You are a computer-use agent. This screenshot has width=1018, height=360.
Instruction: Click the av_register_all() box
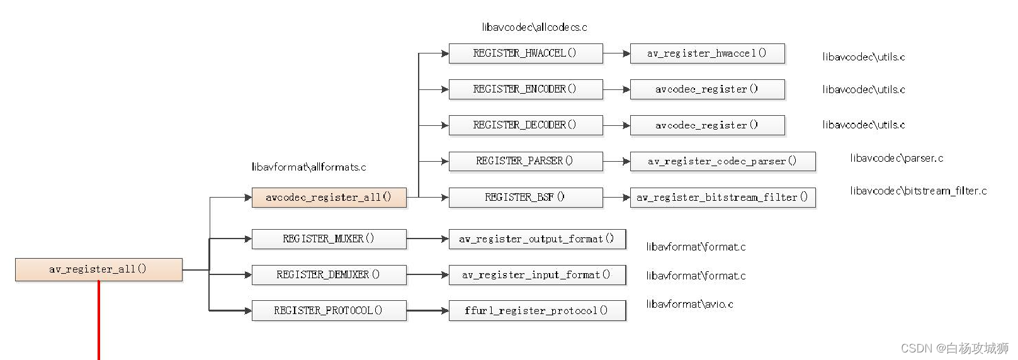pyautogui.click(x=99, y=269)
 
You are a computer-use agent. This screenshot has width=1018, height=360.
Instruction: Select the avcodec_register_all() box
pyautogui.click(x=329, y=198)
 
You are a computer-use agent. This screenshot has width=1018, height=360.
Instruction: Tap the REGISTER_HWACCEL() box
pyautogui.click(x=525, y=53)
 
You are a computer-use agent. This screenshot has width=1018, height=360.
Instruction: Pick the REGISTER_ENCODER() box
pyautogui.click(x=525, y=89)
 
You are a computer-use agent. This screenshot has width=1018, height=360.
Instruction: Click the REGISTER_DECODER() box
pyautogui.click(x=525, y=125)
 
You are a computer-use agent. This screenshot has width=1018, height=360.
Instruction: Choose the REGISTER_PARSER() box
pyautogui.click(x=525, y=161)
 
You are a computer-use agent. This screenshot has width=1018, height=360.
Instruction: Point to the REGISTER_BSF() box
pyautogui.click(x=525, y=198)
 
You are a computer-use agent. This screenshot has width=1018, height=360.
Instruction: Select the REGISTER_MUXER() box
pyautogui.click(x=329, y=239)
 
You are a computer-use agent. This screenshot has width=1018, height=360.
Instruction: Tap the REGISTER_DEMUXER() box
pyautogui.click(x=329, y=275)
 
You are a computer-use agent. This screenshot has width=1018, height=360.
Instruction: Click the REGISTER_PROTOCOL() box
pyautogui.click(x=329, y=311)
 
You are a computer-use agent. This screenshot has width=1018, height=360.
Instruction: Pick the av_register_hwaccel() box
pyautogui.click(x=707, y=53)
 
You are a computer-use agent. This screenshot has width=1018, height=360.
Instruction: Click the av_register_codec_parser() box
pyautogui.click(x=722, y=162)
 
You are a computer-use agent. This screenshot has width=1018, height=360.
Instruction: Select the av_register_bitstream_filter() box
pyautogui.click(x=722, y=198)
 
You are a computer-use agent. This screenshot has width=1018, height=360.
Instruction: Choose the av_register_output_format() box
pyautogui.click(x=536, y=239)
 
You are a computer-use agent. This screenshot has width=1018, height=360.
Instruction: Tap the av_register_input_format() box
pyautogui.click(x=536, y=275)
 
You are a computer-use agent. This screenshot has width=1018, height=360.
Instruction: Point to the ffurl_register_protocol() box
pyautogui.click(x=536, y=311)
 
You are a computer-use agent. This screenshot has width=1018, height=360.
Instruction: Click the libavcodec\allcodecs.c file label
pyautogui.click(x=534, y=27)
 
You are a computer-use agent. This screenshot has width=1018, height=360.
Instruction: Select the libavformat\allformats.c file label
pyautogui.click(x=308, y=167)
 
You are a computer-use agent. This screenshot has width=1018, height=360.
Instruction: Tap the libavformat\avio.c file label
pyautogui.click(x=689, y=304)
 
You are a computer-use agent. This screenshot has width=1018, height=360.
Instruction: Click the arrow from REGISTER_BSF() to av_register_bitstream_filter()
pyautogui.click(x=616, y=198)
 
